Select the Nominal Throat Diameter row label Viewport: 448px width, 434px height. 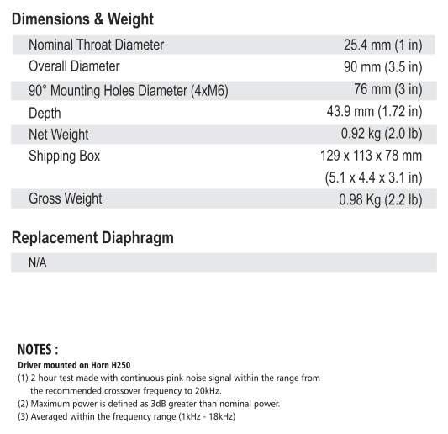coord(96,45)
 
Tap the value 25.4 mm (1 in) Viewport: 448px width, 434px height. coord(377,45)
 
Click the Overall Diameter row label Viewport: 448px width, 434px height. coord(74,66)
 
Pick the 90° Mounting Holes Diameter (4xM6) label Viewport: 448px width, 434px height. coord(129,90)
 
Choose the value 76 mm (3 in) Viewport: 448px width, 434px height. coord(387,89)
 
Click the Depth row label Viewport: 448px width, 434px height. coord(45,113)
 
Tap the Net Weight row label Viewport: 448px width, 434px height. coord(58,135)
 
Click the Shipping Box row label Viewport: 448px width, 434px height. coord(64,156)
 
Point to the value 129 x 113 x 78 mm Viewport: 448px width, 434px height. coord(372,156)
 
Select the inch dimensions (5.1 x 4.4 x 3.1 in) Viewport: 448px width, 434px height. coord(373,178)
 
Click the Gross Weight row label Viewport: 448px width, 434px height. coord(65,199)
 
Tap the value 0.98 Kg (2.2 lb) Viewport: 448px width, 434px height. coord(377,200)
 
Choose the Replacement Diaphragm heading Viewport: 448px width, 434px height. coord(92,238)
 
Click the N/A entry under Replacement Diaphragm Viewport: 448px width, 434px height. coord(38,263)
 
